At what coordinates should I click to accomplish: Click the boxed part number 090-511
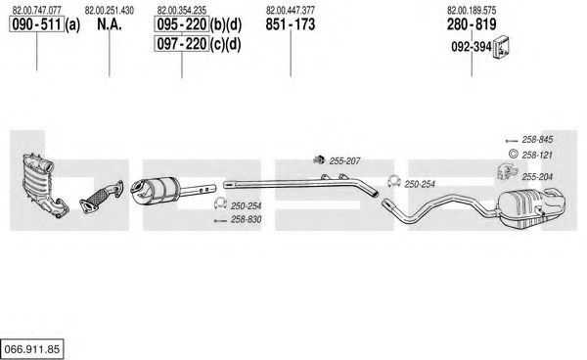tap(37, 24)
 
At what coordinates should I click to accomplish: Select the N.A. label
tap(110, 24)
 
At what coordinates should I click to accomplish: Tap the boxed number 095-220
tap(182, 24)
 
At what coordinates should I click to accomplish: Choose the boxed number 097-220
tap(182, 44)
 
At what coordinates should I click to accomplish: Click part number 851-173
tap(291, 24)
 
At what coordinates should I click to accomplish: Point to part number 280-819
tap(472, 24)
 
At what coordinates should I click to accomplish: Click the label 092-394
tap(472, 47)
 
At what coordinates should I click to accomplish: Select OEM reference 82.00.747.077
tap(37, 10)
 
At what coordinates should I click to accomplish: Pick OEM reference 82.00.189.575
tap(472, 10)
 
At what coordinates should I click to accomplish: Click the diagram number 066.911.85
tap(32, 349)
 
